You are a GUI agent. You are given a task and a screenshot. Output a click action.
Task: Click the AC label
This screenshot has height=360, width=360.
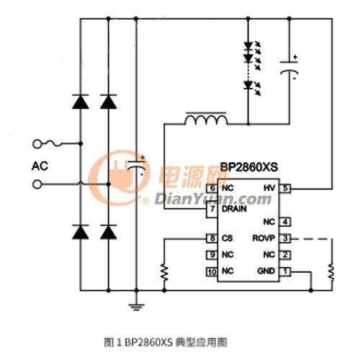coord(40,166)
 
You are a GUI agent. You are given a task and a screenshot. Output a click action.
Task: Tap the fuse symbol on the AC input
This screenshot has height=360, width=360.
coord(54,144)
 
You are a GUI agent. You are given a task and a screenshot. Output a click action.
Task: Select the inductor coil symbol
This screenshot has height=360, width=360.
coord(206,119)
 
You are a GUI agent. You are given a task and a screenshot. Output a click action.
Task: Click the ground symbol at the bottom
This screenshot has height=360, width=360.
coord(136,307)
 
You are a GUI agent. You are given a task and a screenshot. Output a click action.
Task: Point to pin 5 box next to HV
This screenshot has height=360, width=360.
coord(285,188)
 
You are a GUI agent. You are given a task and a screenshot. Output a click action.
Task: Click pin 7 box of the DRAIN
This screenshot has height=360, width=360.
coord(212,209)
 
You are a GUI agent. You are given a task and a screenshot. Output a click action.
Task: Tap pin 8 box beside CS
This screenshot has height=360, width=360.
coord(212,238)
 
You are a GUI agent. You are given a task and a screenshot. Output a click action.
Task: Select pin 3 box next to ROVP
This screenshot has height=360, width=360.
coord(285,238)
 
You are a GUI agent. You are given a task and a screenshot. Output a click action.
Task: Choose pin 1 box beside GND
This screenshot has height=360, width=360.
coord(285,271)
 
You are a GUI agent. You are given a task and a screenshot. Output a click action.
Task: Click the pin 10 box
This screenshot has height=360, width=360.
coord(212,271)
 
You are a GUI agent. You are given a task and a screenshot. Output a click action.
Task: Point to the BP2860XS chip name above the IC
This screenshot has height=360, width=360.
coord(249,167)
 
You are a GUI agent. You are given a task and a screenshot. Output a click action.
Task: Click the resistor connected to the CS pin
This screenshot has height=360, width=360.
coord(164,272)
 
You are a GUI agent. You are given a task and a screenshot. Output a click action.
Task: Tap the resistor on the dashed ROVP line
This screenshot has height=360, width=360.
coord(331,272)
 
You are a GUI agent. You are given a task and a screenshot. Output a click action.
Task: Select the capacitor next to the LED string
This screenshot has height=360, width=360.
coord(289,68)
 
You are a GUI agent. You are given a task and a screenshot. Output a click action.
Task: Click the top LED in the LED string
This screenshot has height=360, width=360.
coord(248,46)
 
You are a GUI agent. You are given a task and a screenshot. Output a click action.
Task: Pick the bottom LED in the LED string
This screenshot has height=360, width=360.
coord(248,85)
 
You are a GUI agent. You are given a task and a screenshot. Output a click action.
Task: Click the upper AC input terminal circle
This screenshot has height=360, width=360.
coord(37,144)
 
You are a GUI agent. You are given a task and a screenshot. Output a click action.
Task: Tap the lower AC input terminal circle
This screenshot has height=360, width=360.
coord(37,184)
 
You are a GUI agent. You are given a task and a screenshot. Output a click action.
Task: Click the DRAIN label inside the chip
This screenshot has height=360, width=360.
coord(234,209)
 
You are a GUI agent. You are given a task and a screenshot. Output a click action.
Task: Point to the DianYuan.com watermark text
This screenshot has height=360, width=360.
coord(213,199)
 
